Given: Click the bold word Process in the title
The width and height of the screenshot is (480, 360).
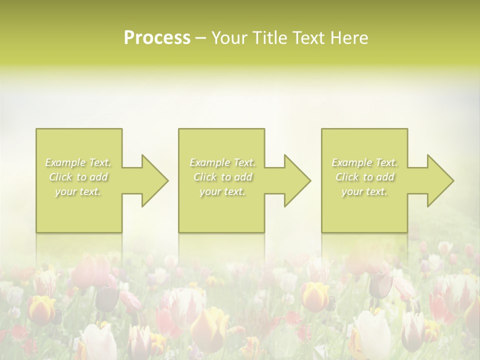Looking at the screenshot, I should (x=157, y=38).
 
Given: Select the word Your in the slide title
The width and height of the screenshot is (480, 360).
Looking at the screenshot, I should (x=226, y=38).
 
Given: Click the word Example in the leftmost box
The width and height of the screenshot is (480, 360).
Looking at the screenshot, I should (x=65, y=162).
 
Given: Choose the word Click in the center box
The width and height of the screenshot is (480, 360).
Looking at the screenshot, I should (x=204, y=177).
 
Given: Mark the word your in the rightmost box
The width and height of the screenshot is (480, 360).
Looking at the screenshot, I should (x=352, y=191).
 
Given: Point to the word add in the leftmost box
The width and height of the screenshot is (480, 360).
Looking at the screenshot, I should (x=99, y=177).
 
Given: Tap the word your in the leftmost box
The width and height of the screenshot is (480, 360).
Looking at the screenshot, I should (x=65, y=191).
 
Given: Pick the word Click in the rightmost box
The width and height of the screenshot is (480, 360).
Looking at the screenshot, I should (x=347, y=177).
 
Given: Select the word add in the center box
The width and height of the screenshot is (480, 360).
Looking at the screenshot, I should (x=243, y=177).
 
